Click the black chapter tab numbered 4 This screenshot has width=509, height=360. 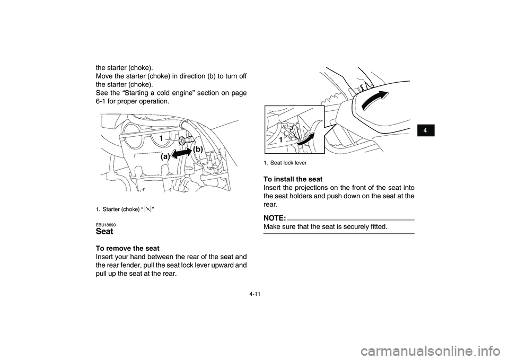tap(426, 129)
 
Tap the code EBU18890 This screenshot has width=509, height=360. tap(106, 224)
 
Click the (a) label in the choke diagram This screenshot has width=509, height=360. tap(165, 157)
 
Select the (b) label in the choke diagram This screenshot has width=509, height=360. tap(198, 150)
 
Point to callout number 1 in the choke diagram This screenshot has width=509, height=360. tap(159, 138)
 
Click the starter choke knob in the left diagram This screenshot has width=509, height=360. tap(182, 141)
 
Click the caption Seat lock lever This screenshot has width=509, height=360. tap(288, 162)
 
